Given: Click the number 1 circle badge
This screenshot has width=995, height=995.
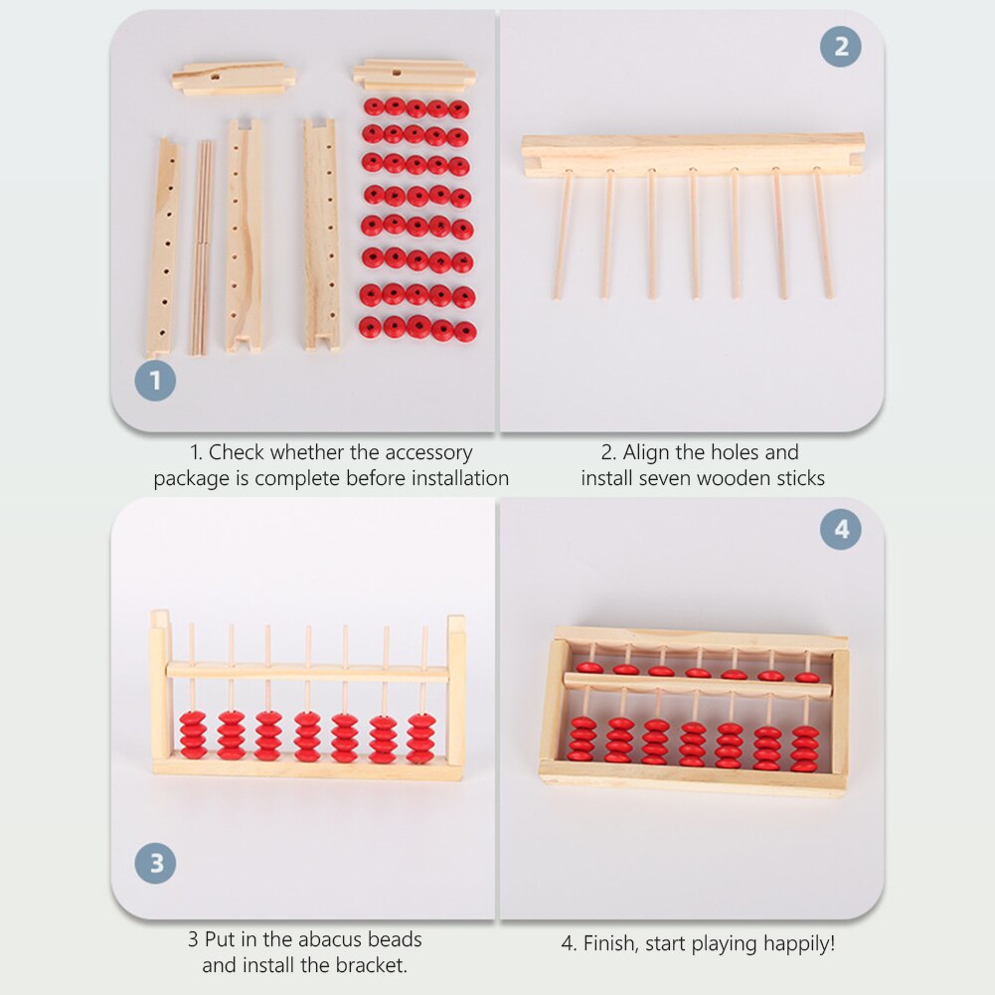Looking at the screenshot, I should [x=155, y=381].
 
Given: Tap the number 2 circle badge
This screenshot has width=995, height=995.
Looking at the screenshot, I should [x=841, y=47].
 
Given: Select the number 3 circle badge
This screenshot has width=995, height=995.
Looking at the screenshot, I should [x=155, y=863].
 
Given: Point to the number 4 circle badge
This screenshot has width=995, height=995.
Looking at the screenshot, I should [x=841, y=530].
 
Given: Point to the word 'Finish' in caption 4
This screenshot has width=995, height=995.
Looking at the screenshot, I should [x=613, y=943].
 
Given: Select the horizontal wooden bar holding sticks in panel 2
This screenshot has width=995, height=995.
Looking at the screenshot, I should [x=692, y=155].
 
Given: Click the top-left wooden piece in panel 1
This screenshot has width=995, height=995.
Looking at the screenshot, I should [x=233, y=78].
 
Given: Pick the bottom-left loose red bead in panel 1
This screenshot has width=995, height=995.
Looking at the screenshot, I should [x=370, y=326].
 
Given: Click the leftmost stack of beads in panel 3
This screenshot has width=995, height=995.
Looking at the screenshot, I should [x=193, y=735].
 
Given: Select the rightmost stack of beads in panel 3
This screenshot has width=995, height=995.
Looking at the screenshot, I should [x=420, y=738].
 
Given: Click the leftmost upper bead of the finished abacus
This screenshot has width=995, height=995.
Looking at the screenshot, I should [x=589, y=668].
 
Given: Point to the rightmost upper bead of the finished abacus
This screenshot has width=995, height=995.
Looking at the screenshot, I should [x=807, y=677].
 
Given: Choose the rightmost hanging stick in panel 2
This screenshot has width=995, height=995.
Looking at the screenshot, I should [x=823, y=233].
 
